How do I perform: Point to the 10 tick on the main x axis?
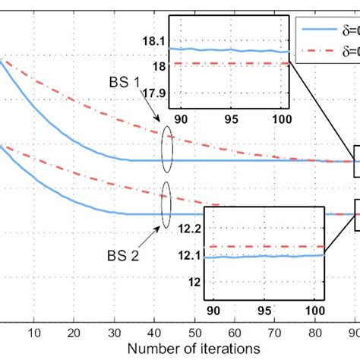point(34,330)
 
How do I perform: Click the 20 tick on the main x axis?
point(74,330)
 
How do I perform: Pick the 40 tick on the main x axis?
point(153,330)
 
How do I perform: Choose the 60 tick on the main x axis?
point(233,330)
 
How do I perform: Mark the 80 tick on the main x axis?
point(313,330)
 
